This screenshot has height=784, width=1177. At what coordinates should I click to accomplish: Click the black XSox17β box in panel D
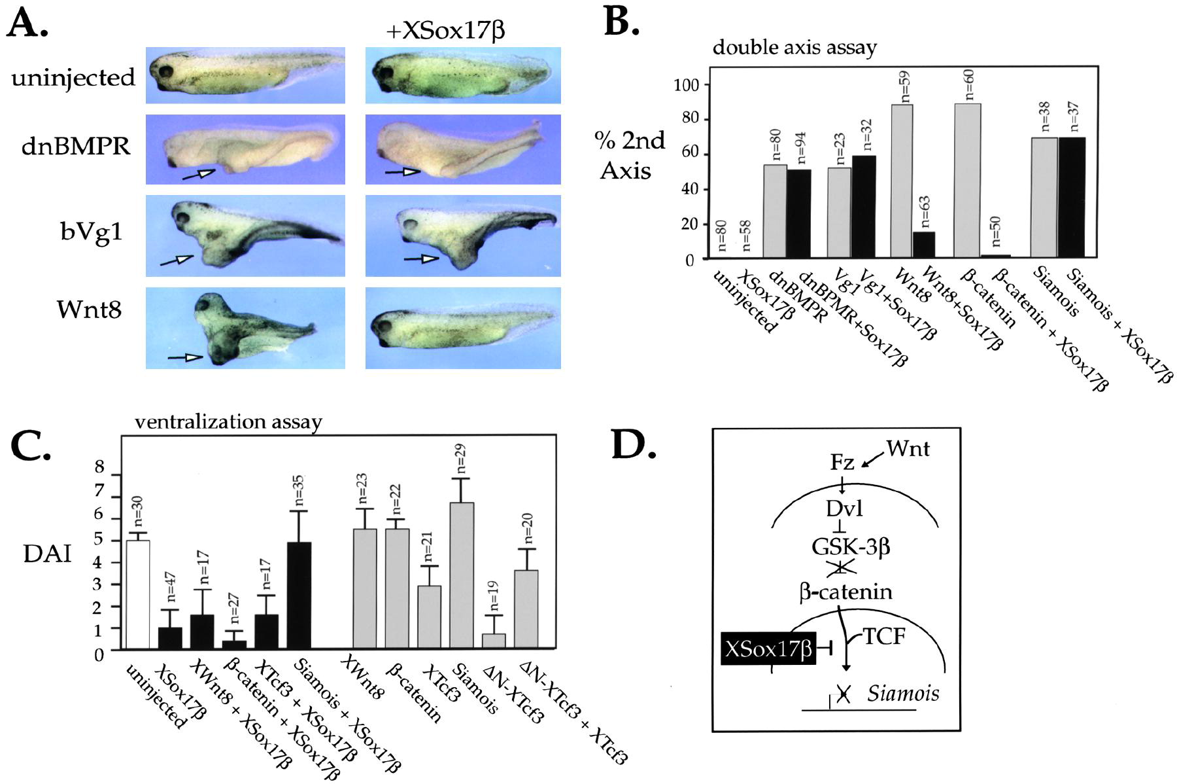[x=768, y=649]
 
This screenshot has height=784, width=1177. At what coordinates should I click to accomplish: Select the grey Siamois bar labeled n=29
[x=461, y=576]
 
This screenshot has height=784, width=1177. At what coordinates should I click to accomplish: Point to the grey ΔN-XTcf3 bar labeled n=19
[x=494, y=641]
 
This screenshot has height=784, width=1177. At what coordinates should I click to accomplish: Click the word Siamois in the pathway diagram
[x=903, y=693]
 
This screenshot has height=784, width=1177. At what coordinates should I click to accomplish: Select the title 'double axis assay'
[x=794, y=48]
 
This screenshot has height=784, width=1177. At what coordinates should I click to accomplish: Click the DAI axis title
[x=46, y=554]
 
